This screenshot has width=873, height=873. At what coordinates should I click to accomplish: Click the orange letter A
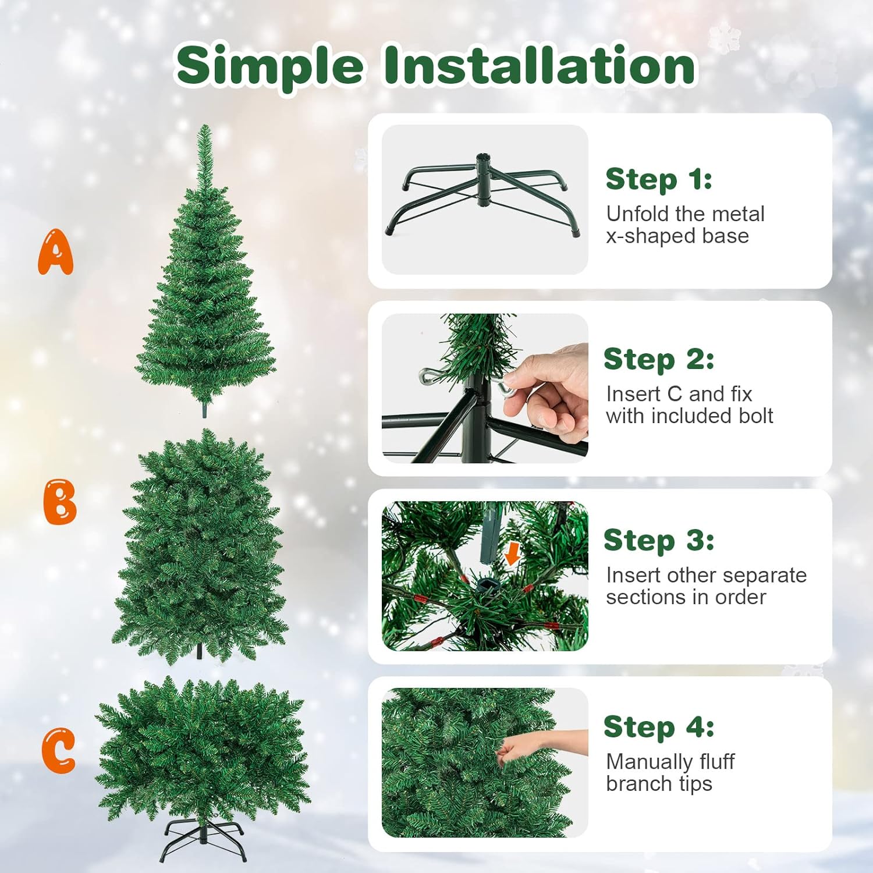(x=56, y=251)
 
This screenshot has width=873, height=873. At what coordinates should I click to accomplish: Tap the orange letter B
(x=60, y=502)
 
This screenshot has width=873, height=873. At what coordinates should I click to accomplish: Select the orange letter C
(x=58, y=751)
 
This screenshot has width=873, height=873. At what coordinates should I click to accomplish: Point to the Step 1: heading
(x=659, y=179)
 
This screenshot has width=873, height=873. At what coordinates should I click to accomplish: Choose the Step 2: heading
(x=659, y=359)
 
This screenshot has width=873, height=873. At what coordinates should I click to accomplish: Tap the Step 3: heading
(x=659, y=540)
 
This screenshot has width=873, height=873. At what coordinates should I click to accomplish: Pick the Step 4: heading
(x=659, y=726)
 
